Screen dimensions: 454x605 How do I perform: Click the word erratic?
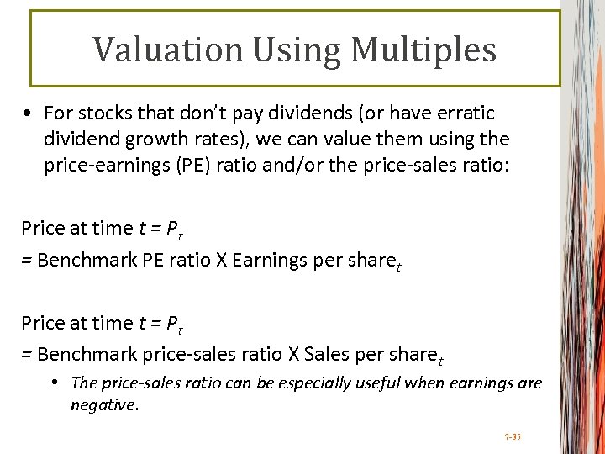463,113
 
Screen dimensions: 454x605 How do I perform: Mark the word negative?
103,405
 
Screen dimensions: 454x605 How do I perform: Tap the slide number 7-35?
513,437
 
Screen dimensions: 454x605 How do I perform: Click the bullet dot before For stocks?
29,113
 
